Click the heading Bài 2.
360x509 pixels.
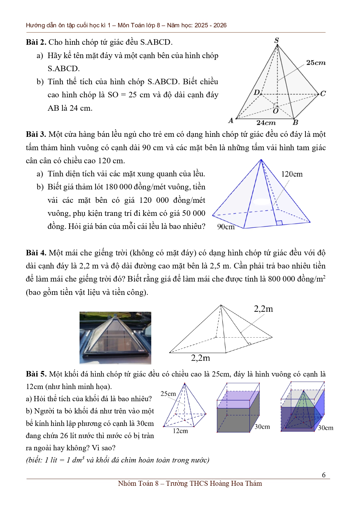tap(36, 42)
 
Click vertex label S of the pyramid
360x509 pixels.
tap(277, 40)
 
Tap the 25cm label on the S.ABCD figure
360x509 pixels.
tap(316, 63)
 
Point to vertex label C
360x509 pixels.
tap(323, 94)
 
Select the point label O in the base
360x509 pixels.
tap(276, 111)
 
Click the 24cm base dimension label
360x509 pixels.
tap(266, 123)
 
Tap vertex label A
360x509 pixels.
tap(231, 120)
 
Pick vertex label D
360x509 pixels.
tap(257, 92)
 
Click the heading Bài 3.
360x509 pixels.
tap(36, 134)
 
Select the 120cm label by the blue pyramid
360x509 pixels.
tap(292, 174)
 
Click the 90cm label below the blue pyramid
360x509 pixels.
tap(226, 227)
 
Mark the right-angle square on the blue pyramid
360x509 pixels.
tap(279, 223)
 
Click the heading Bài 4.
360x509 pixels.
tap(36, 253)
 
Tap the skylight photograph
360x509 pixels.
tap(115, 338)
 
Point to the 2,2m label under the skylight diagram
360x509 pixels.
tap(200, 358)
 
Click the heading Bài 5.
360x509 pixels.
tap(36, 374)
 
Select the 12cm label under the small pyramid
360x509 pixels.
tap(180, 431)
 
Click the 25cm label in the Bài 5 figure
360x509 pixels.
tap(168, 394)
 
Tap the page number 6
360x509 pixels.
tap(324, 475)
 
